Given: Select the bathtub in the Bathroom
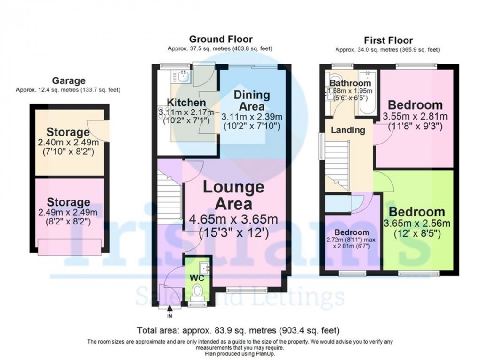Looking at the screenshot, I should point(366,93).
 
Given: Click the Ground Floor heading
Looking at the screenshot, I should point(220,40).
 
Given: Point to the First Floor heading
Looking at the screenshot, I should point(388,40).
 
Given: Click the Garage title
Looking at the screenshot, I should point(69,81).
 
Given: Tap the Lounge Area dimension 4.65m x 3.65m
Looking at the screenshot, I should point(233,220).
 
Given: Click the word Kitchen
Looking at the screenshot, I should point(187,103).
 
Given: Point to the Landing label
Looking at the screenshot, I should point(347,130).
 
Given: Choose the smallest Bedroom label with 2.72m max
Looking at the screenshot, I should point(352,232).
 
